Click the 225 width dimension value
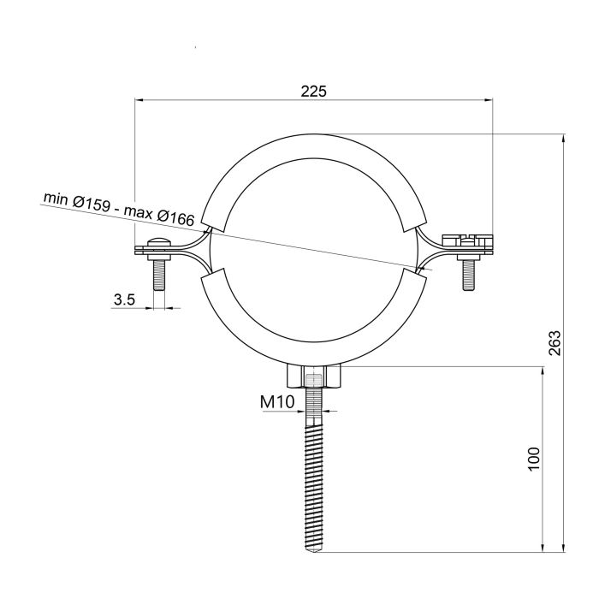[314, 90]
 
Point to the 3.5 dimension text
[125, 299]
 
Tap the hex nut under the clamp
[314, 376]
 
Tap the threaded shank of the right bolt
[467, 274]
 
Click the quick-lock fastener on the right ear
[466, 240]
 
